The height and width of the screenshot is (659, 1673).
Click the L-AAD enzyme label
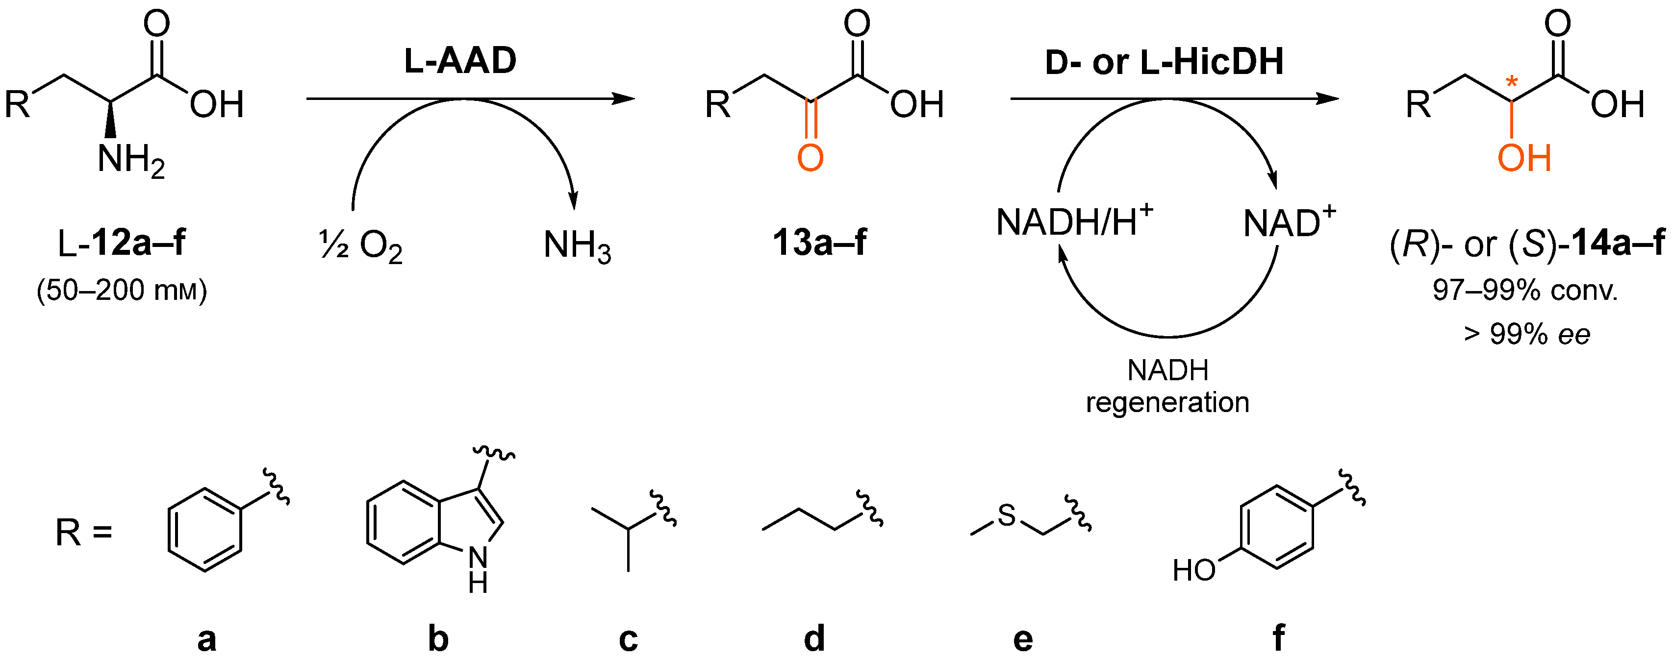pos(460,61)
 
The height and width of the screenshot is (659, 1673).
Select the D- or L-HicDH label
pos(1164,62)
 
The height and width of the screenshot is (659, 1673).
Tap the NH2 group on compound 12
pos(130,159)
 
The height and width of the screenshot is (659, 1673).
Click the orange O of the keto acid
pos(810,158)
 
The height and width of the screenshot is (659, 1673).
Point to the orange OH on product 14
pos(1523,158)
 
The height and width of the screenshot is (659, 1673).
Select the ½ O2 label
pos(361,245)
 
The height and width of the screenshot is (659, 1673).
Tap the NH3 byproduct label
pos(577,245)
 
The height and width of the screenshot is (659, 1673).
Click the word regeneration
pos(1167,403)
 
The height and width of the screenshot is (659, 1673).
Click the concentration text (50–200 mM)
pos(122,290)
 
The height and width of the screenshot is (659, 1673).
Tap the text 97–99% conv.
pos(1524,290)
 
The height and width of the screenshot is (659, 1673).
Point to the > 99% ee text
pos(1526,334)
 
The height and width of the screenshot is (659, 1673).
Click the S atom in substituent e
pos(1006,515)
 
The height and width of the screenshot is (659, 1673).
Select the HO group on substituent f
pos(1193,570)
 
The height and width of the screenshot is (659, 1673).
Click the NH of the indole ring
pos(478,568)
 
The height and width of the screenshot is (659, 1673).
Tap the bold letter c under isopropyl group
pos(628,638)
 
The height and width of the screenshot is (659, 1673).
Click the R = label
pos(84,533)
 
